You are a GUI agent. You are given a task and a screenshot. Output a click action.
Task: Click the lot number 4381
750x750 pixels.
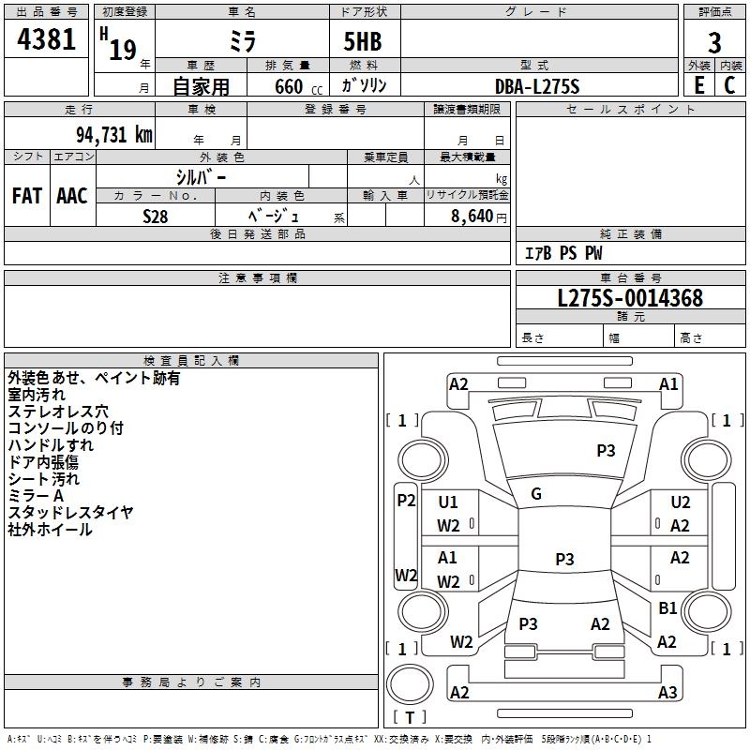click(47, 42)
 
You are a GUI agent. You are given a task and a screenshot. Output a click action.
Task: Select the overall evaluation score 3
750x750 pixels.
click(714, 42)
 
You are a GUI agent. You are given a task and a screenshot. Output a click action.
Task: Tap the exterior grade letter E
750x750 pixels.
click(698, 84)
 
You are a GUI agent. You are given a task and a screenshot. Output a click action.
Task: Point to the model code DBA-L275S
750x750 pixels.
click(537, 85)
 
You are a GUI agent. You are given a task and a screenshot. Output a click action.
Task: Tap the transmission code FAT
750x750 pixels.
click(27, 195)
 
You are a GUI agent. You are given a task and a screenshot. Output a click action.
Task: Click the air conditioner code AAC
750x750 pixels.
click(72, 195)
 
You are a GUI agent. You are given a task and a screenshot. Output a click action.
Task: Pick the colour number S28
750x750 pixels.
click(155, 216)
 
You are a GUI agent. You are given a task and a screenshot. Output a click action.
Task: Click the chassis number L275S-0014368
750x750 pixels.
click(629, 298)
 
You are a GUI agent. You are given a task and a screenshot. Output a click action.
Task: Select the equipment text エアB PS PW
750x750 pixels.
click(562, 253)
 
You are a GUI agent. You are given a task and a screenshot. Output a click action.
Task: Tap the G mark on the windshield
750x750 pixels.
click(536, 494)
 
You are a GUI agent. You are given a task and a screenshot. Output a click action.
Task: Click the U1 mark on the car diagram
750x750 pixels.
click(448, 502)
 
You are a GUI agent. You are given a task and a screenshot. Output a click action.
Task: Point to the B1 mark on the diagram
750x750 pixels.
click(667, 607)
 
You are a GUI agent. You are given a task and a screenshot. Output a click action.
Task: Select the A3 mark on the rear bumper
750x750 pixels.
click(667, 693)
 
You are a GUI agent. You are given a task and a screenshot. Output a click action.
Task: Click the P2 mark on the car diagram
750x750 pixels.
click(406, 501)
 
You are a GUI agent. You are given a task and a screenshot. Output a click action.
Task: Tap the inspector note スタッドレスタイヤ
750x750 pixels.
click(70, 512)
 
